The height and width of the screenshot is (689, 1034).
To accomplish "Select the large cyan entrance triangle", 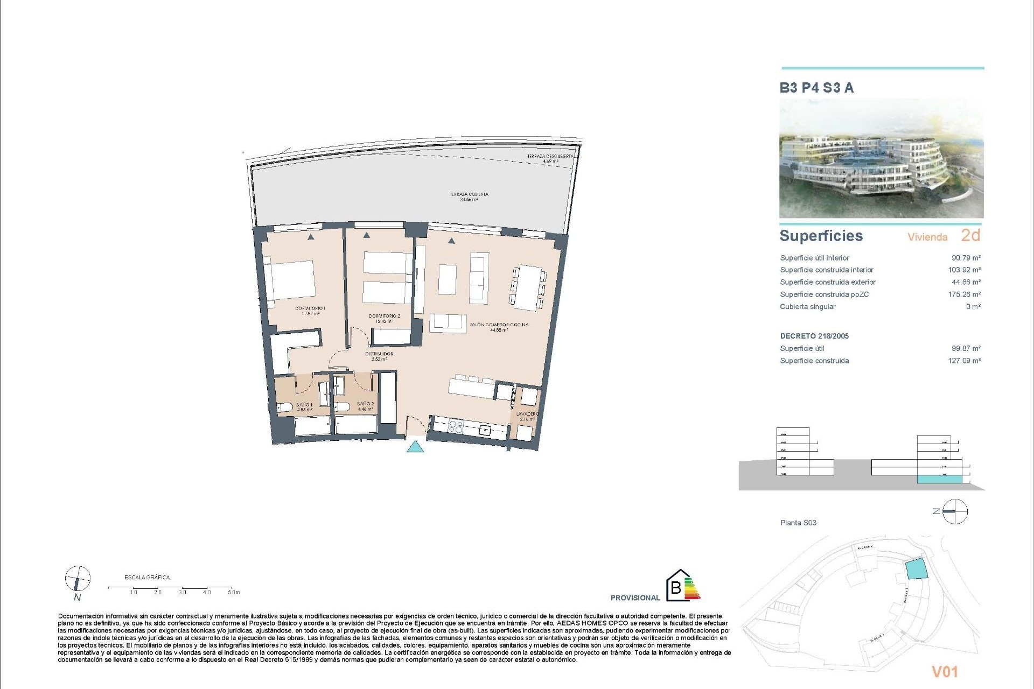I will coord(415,447).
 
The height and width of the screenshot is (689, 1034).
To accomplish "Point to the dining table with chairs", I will coord(528,287).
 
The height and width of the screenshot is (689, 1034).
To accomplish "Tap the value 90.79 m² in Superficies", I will coord(965,258).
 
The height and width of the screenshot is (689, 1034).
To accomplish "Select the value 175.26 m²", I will coord(964,294).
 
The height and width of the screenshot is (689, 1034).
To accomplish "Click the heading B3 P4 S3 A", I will coord(816,88).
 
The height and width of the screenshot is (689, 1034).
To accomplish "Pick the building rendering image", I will coord(881,158).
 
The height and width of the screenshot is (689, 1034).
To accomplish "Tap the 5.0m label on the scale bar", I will coord(233,592).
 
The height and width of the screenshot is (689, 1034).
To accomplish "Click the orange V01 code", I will coord(945,671).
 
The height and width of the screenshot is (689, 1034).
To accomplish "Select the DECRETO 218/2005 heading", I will coord(814,336).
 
